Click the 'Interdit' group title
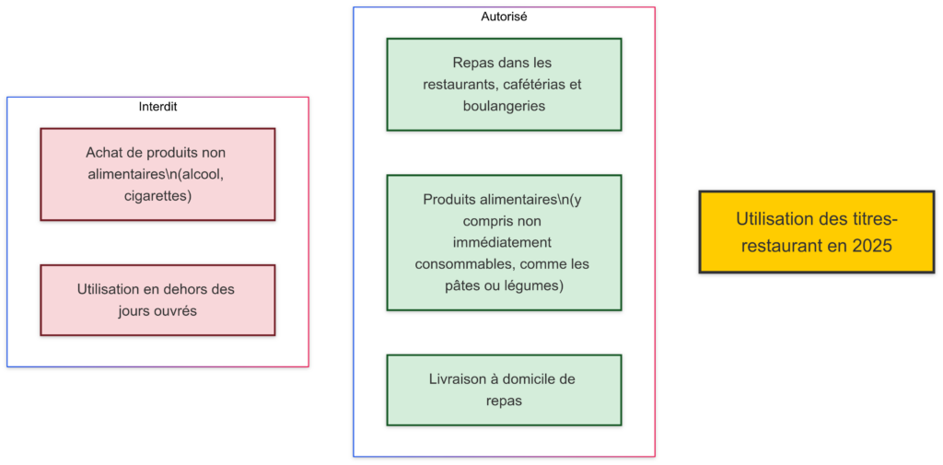[157, 107]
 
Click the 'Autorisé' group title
[504, 17]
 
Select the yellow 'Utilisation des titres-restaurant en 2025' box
[816, 232]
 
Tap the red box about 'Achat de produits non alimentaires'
[157, 174]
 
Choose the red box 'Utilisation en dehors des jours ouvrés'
[157, 300]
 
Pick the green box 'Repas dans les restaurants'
[504, 85]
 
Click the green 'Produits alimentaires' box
[504, 242]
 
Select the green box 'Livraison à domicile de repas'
[504, 389]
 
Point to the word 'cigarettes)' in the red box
[157, 195]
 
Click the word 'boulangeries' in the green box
[504, 106]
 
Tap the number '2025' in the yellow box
[870, 246]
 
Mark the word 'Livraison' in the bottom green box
[459, 379]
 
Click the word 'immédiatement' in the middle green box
[503, 242]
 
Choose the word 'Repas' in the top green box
[472, 63]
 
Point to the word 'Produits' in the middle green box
[448, 199]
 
